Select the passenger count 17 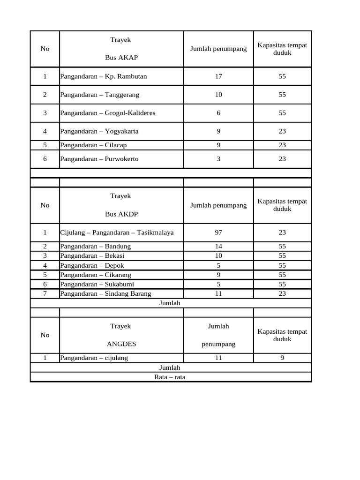pyautogui.click(x=218, y=76)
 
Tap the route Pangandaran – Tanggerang pyautogui.click(x=99, y=95)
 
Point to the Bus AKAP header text pyautogui.click(x=120, y=58)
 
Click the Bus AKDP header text pyautogui.click(x=120, y=214)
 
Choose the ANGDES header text pyautogui.click(x=121, y=344)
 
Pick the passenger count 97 pyautogui.click(x=218, y=232)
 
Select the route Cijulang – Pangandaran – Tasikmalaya pyautogui.click(x=114, y=232)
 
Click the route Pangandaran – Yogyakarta pyautogui.click(x=99, y=131)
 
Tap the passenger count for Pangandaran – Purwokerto pyautogui.click(x=218, y=159)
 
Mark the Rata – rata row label pyautogui.click(x=170, y=377)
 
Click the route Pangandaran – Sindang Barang pyautogui.click(x=105, y=294)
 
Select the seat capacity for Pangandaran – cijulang pyautogui.click(x=282, y=358)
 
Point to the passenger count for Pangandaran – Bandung pyautogui.click(x=218, y=247)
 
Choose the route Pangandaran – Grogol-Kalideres pyautogui.click(x=108, y=113)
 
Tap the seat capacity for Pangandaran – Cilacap pyautogui.click(x=282, y=145)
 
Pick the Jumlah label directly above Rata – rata pyautogui.click(x=170, y=368)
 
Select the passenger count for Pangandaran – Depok pyautogui.click(x=218, y=265)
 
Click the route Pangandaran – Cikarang pyautogui.click(x=96, y=275)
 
